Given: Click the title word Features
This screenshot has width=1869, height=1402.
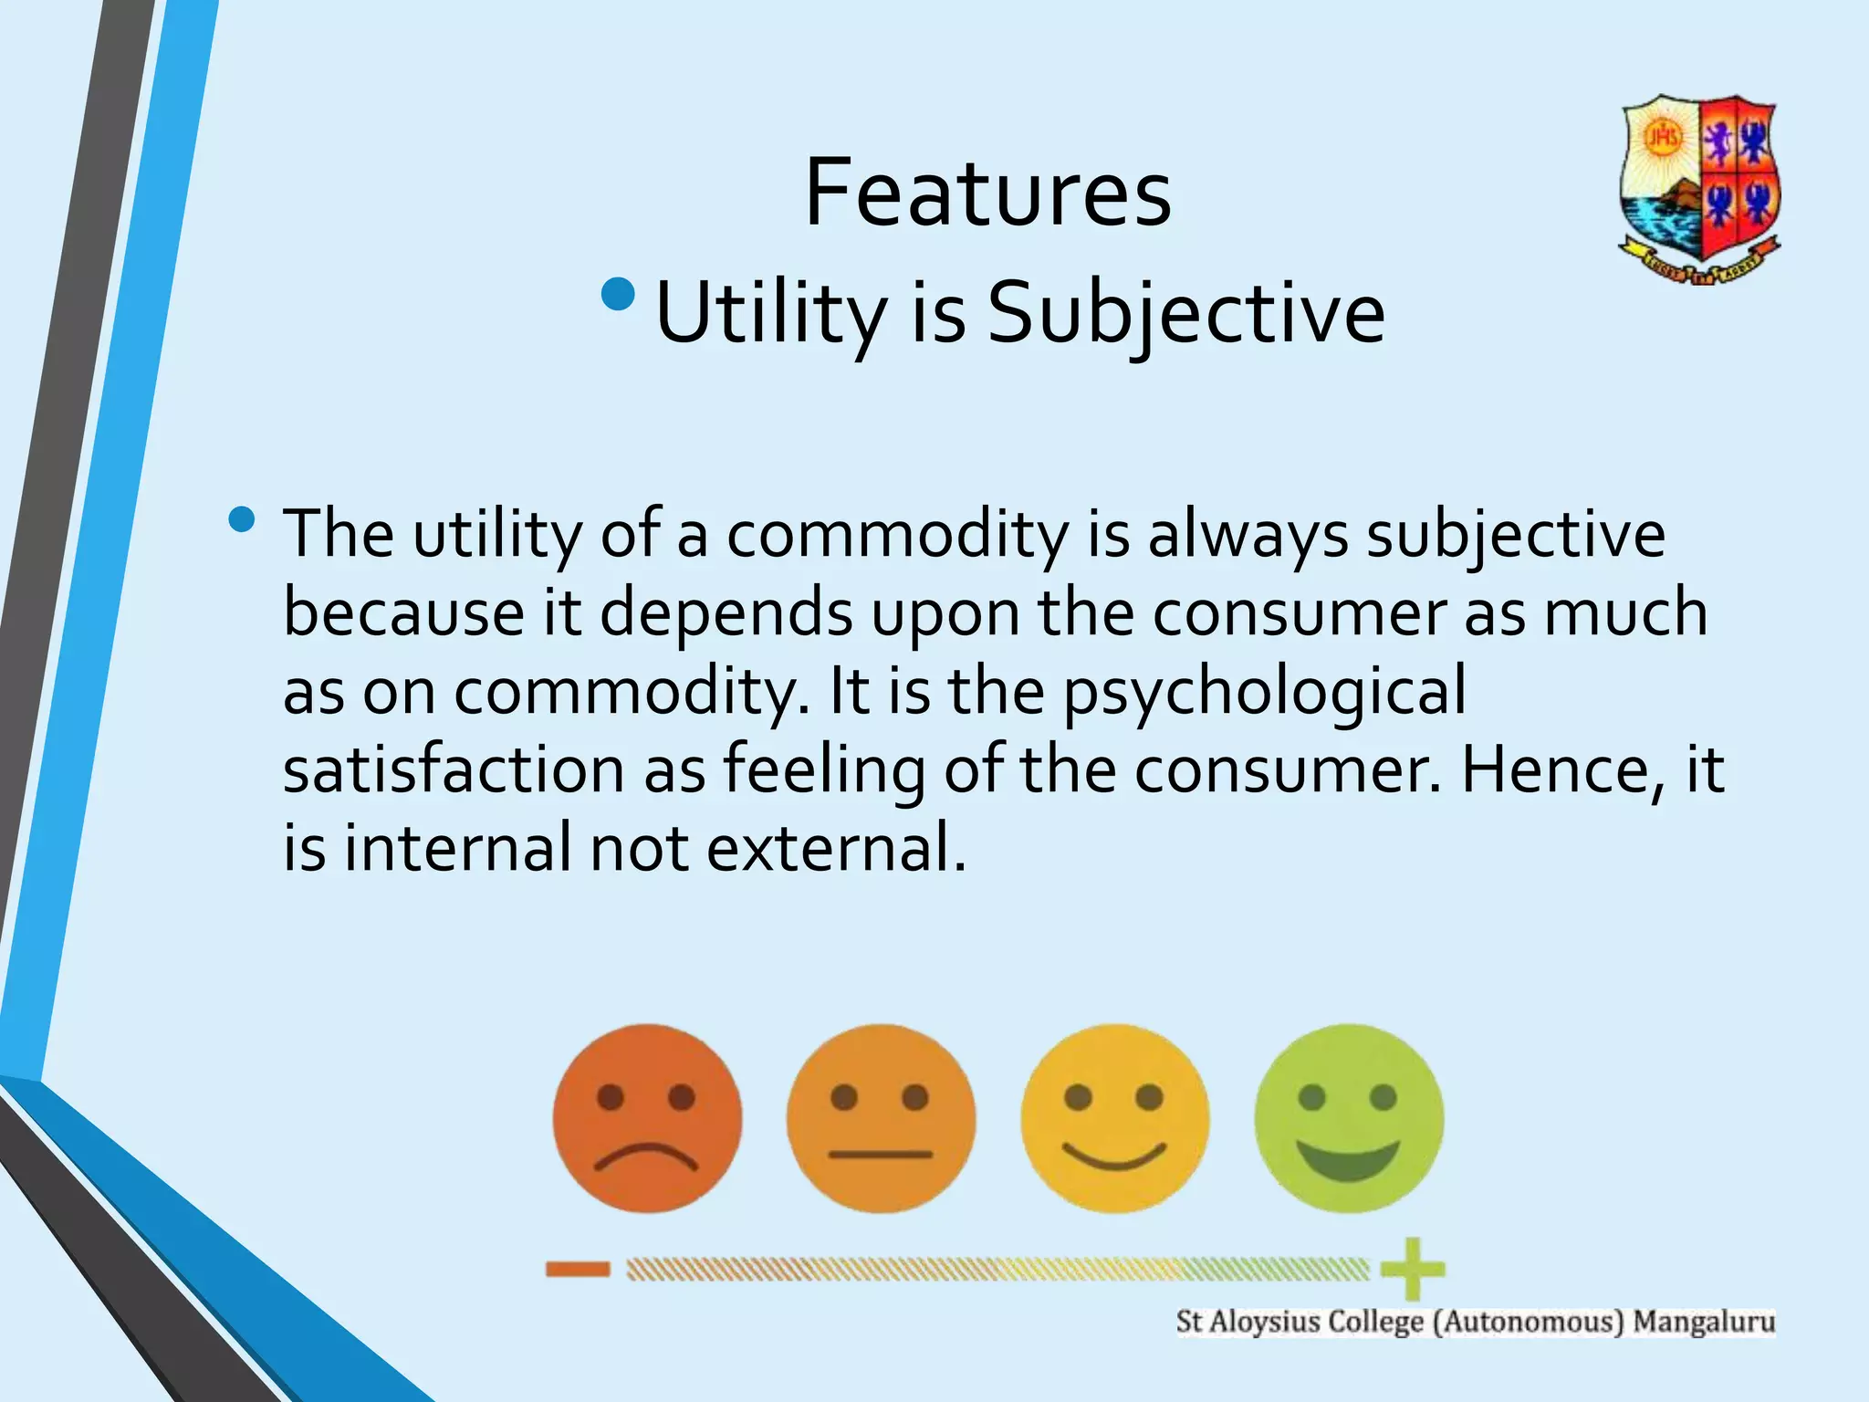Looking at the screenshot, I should point(987,194).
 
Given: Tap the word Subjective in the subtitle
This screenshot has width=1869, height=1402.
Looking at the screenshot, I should point(1186,313).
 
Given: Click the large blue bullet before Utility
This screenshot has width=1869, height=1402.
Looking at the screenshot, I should point(620,294).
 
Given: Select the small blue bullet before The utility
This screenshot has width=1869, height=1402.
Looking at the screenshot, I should point(242,520).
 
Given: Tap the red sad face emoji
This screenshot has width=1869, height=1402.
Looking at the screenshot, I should point(647,1118).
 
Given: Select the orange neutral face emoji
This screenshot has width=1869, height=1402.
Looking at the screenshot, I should point(881,1118).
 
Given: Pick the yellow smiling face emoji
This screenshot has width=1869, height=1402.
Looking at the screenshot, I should point(1114,1118).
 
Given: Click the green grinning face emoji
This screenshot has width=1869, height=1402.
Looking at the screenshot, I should point(1349,1118).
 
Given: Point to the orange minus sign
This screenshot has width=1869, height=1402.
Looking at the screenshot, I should point(578,1269).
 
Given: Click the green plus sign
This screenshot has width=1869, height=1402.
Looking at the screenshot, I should point(1412,1269).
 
